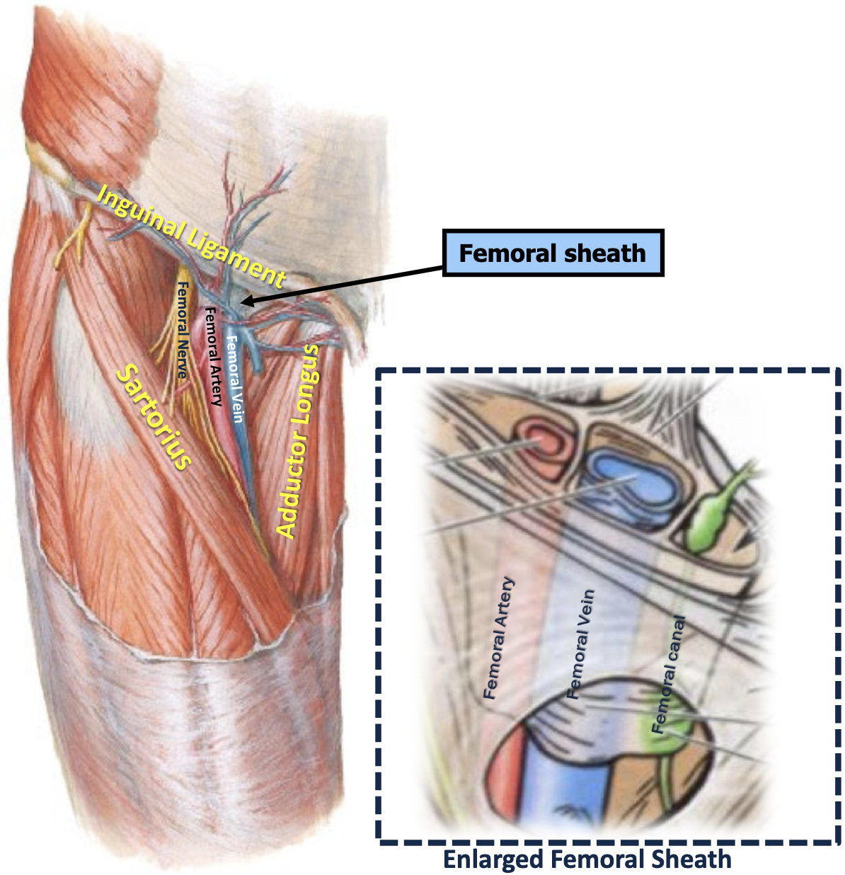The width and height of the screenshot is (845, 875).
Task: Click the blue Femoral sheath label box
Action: coord(553,253)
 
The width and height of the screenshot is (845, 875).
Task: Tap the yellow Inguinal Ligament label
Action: coord(191,236)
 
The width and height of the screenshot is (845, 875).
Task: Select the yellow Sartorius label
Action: coord(154,416)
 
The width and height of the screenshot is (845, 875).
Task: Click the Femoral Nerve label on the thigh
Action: coord(182,330)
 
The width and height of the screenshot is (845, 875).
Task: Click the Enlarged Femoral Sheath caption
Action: coord(587,859)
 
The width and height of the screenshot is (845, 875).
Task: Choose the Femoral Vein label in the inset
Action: coord(580,644)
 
